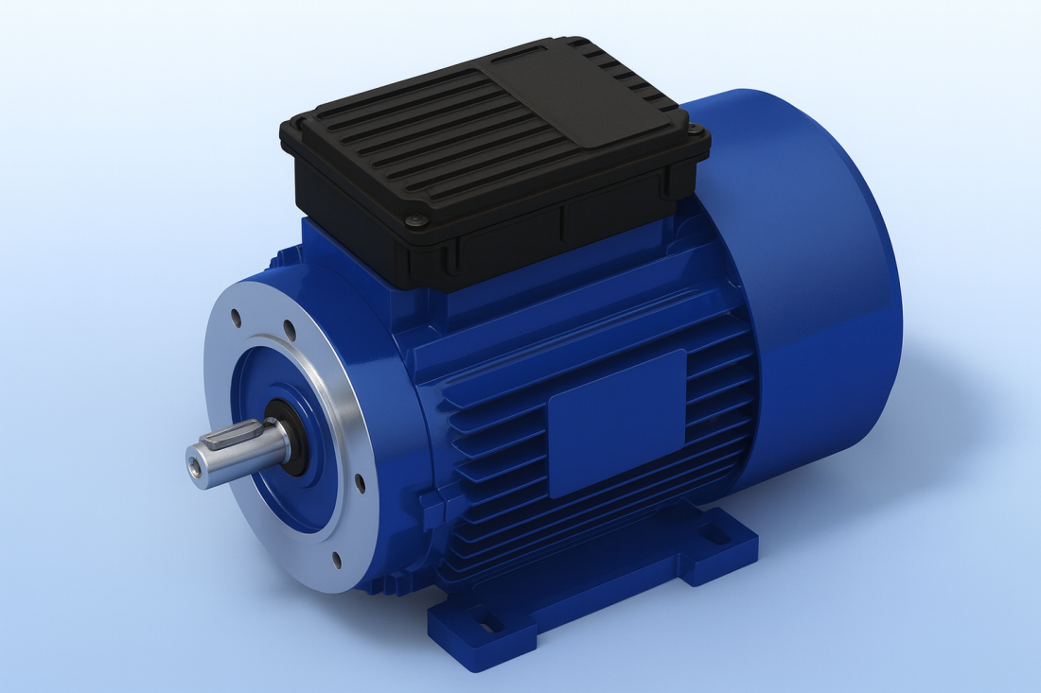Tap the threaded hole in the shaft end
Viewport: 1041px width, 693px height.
[195, 467]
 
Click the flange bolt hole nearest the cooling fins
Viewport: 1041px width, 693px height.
[361, 482]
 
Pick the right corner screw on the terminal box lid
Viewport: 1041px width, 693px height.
[698, 130]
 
